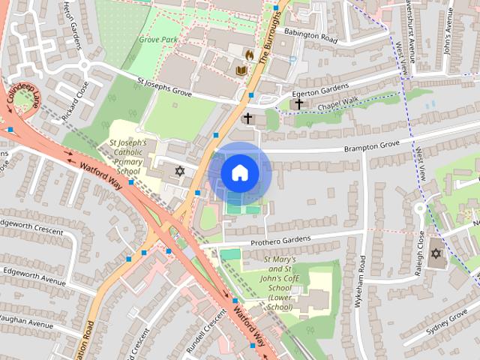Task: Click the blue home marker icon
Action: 240,172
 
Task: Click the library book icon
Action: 241,70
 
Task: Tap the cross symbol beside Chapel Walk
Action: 298,103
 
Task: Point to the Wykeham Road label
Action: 361,275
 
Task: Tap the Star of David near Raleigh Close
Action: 436,254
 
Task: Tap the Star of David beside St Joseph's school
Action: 179,171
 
